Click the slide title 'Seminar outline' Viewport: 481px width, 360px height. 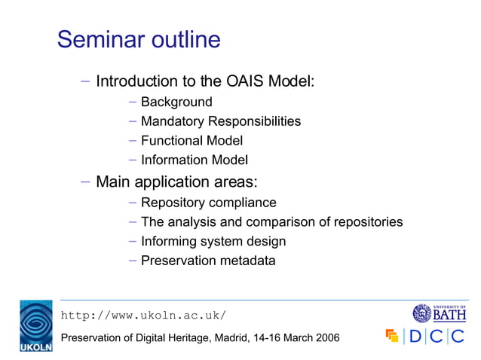[139, 39]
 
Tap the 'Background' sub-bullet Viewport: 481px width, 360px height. [176, 102]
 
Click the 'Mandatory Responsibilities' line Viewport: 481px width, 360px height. [220, 121]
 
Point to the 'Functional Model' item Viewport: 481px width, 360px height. [191, 140]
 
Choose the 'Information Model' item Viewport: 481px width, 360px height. [195, 160]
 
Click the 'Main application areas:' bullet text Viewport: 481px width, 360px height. [176, 182]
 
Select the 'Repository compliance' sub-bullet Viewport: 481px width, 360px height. [208, 203]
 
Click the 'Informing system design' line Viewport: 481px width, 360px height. [213, 242]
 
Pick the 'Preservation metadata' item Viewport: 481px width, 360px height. [208, 261]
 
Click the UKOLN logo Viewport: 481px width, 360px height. [35, 325]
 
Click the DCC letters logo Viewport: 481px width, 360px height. [437, 336]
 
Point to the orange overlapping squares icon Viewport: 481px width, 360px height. [391, 335]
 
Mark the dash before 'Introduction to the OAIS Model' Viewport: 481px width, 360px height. [85, 81]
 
